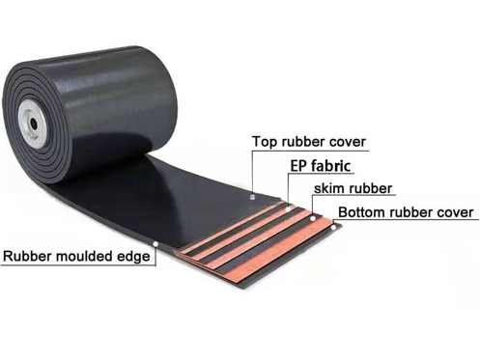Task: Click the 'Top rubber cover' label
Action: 309,142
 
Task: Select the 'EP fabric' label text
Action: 321,166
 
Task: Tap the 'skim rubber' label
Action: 353,188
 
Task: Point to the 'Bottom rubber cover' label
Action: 406,212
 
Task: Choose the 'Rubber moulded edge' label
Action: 76,257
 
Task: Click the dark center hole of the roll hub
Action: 33,124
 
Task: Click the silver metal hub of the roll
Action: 32,124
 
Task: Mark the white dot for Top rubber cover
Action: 253,196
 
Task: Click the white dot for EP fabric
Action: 288,209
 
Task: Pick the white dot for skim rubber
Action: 313,219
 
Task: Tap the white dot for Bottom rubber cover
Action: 334,228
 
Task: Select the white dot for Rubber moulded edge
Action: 155,244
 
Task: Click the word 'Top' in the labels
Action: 264,142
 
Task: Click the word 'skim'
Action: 327,188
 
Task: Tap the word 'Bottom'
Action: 362,212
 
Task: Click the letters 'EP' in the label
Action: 299,166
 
